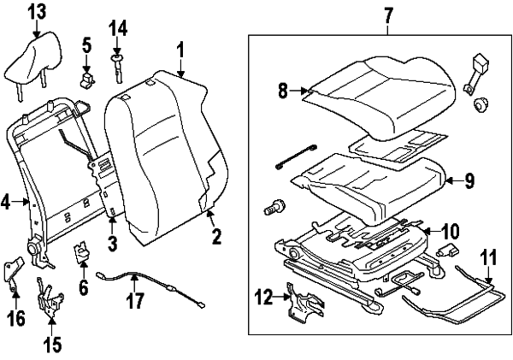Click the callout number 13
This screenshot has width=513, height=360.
tap(36, 12)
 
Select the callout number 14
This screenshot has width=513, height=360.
tap(118, 27)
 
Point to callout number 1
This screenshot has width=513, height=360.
tap(180, 48)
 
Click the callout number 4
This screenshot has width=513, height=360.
tap(6, 203)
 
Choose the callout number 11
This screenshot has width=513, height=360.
tap(487, 255)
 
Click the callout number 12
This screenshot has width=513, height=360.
tap(263, 297)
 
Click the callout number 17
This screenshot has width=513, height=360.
tap(134, 301)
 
